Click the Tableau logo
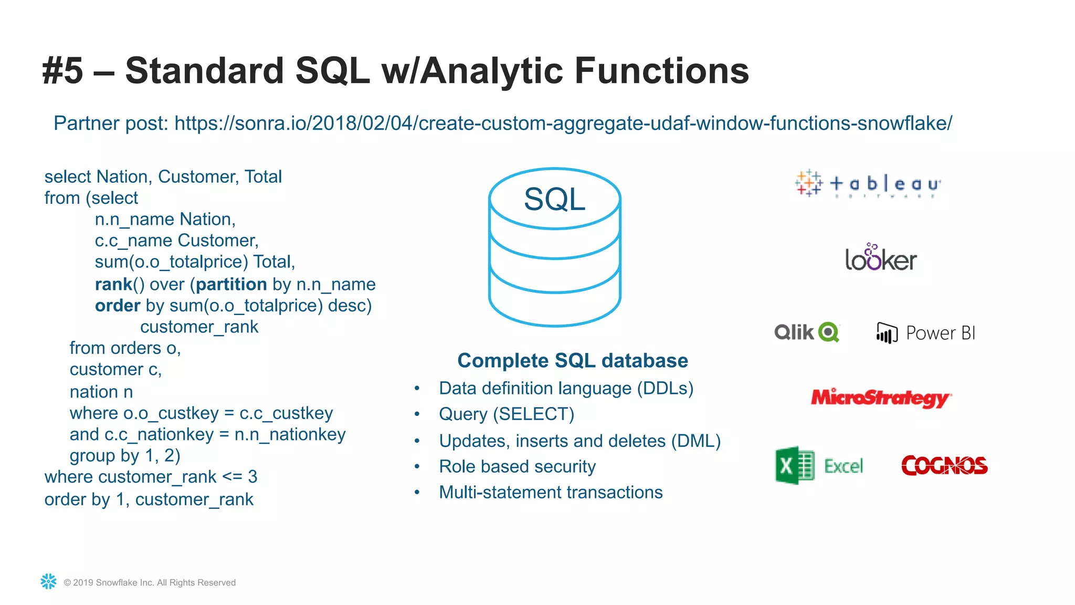[868, 184]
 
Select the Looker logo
[881, 258]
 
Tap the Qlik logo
[807, 332]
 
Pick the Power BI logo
[926, 333]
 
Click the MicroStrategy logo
[881, 398]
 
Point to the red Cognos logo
[944, 465]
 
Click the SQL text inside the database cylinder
[554, 200]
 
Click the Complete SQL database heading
[572, 361]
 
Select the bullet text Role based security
[517, 466]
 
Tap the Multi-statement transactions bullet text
[551, 493]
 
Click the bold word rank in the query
[113, 285]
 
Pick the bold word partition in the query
[231, 285]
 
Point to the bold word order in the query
[118, 306]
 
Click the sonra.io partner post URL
[563, 123]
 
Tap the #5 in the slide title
[62, 71]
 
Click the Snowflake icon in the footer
[48, 581]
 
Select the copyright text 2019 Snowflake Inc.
[150, 582]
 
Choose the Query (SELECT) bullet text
[507, 414]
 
